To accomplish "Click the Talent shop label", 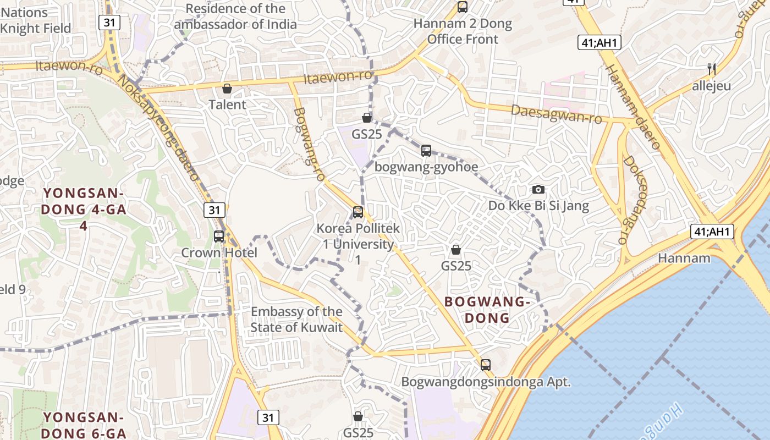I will coord(227,105).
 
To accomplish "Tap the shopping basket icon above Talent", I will coord(227,89).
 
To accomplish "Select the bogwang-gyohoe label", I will coord(426,167).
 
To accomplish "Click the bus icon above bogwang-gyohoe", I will coord(426,151).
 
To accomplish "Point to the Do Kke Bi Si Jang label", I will coord(538,206).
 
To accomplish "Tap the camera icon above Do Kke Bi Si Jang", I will coord(538,190).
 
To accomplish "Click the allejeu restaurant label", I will coord(712,86).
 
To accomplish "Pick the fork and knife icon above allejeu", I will coord(712,69).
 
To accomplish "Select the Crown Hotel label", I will coord(219,253).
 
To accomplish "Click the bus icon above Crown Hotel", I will coord(219,237).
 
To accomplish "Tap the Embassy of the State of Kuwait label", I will coord(296,320).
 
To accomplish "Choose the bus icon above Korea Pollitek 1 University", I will coord(358,212).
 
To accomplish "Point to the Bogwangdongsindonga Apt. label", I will coord(486,382).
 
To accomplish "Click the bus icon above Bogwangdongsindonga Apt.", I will coord(486,365).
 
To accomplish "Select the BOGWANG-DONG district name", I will coord(487,310).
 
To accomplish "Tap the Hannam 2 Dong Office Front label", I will coord(463,31).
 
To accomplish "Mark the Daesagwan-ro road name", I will coord(556,114).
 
